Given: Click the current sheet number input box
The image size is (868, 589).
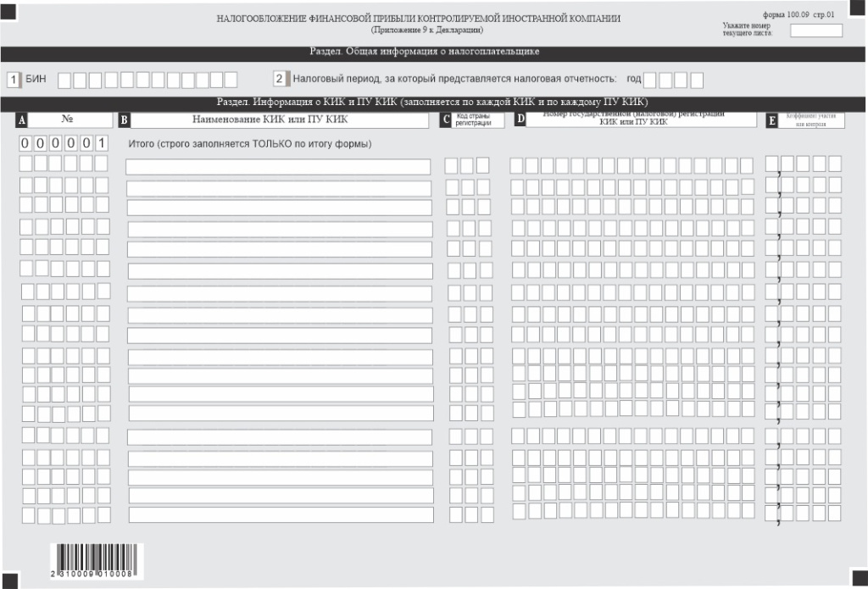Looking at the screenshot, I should coord(815,31).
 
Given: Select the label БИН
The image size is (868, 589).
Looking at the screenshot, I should coord(36,80).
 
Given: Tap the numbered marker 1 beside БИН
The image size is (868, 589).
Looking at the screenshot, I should coord(13,80).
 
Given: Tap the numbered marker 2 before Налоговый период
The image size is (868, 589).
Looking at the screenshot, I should coord(280,80).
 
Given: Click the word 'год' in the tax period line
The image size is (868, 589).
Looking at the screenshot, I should coord(633,80).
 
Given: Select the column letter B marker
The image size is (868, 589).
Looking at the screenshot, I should coord(124,120).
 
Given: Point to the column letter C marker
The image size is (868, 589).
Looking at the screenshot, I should coord(447,120).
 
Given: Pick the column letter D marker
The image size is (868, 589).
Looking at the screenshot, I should coord(520,120).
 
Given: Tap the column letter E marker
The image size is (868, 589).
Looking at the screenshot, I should coord(771,121).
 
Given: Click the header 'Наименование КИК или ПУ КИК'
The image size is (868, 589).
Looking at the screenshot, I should coord(270,119).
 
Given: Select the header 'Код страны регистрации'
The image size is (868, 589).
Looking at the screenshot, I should coord(473,119).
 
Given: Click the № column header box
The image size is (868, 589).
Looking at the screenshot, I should coord(67,119).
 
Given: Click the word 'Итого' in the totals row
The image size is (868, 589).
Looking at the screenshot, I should coord(140,143).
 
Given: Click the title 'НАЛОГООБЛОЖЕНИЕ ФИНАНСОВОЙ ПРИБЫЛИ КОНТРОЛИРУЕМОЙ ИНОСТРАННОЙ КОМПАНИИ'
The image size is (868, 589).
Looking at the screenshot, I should coord(418,19).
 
